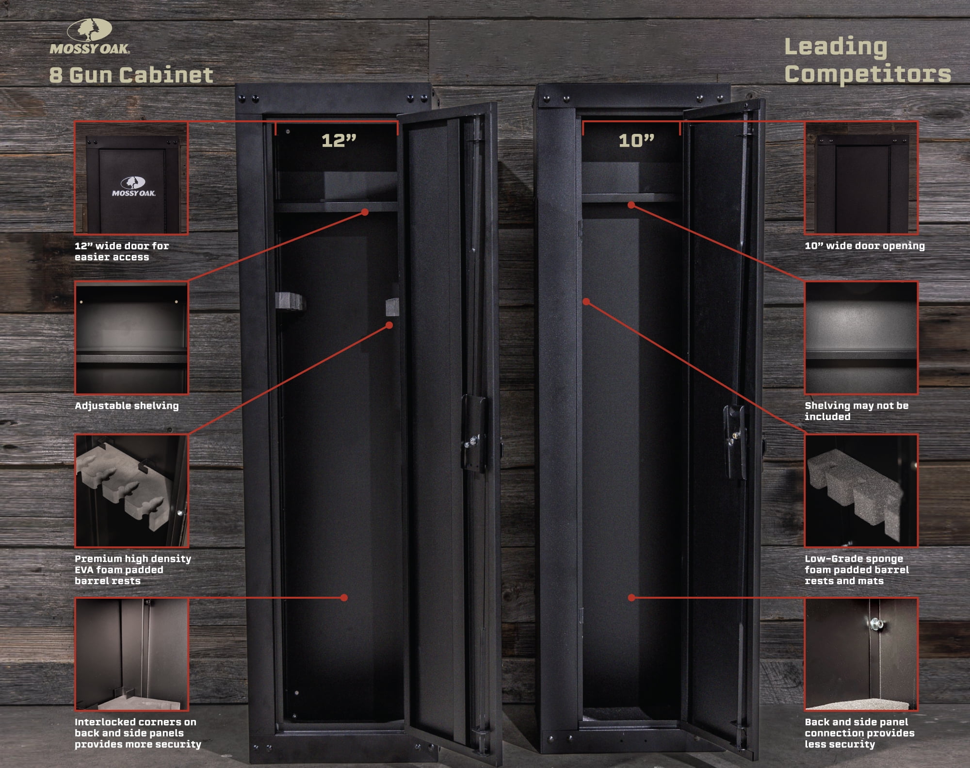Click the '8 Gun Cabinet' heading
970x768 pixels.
[131, 75]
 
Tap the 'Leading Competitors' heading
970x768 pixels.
[868, 60]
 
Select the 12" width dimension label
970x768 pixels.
[339, 141]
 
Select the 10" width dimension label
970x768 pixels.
[636, 141]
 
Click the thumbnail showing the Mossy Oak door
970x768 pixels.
[131, 178]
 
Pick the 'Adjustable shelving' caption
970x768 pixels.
[127, 406]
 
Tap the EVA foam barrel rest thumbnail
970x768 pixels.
[131, 490]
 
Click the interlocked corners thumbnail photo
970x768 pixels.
[131, 654]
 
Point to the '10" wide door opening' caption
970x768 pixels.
[865, 245]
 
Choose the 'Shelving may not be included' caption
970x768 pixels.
[857, 411]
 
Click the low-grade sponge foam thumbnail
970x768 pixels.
[861, 490]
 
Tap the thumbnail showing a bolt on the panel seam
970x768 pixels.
[861, 654]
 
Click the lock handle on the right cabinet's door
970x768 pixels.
[735, 441]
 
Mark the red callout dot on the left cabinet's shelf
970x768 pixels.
[365, 212]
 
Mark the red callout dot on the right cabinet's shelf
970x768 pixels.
[631, 205]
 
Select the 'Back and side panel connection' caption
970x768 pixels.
[859, 727]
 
